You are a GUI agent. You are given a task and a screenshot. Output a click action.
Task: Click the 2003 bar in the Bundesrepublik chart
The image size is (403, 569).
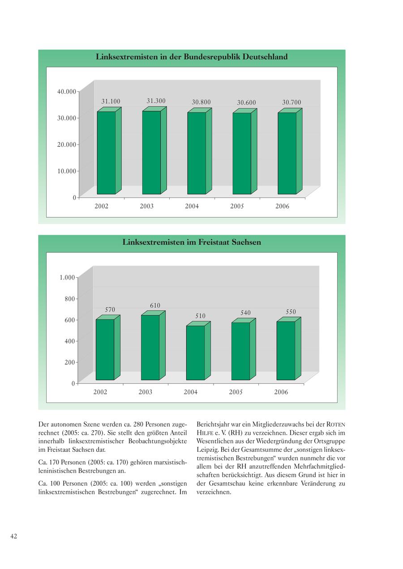[151, 152]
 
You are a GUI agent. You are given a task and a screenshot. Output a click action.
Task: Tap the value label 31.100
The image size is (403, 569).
[111, 102]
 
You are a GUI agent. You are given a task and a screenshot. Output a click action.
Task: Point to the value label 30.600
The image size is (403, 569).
[246, 103]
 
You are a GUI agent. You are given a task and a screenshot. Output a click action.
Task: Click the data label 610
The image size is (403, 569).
[155, 306]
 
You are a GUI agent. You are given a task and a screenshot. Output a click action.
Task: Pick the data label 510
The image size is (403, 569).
[200, 316]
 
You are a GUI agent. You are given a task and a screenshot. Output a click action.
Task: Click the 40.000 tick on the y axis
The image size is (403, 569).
[66, 92]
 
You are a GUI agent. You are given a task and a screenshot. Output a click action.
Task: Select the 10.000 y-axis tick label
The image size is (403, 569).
[66, 171]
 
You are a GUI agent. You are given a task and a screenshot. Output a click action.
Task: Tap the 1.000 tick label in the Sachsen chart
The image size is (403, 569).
[67, 277]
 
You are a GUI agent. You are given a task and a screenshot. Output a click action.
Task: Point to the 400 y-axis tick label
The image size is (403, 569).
[70, 341]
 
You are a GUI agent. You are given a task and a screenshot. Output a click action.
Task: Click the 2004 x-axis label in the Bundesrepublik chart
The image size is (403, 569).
[192, 206]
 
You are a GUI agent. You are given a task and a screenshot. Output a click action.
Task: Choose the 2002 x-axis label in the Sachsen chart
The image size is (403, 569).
[100, 392]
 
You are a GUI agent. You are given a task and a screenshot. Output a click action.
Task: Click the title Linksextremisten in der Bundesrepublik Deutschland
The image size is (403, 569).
[192, 57]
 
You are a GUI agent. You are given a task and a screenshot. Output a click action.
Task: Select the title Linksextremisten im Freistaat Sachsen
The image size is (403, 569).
[192, 242]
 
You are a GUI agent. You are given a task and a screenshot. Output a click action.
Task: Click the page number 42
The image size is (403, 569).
[14, 536]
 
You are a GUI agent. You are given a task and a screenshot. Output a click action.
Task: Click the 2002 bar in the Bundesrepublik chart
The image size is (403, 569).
[106, 153]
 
